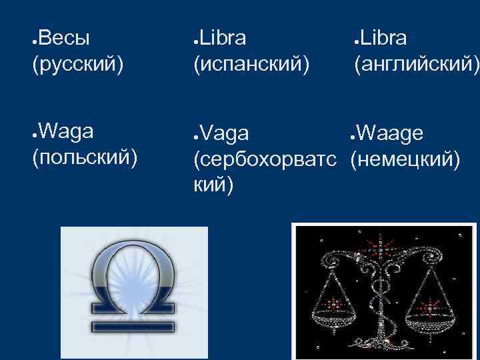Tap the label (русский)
(77, 64)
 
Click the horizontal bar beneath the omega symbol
(134, 327)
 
